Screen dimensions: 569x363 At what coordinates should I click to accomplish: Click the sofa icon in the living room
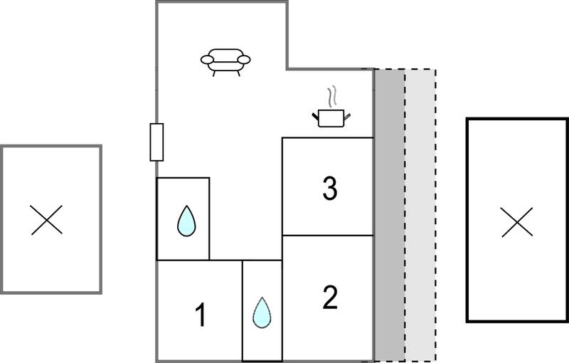click(x=225, y=62)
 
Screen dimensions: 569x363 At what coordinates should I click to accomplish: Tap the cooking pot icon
click(x=331, y=118)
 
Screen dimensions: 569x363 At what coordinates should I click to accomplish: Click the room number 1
click(x=201, y=315)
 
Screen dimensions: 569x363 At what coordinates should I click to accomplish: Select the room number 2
click(x=330, y=298)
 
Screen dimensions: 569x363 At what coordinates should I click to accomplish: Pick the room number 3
click(x=330, y=188)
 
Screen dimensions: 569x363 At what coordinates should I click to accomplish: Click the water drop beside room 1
click(x=262, y=312)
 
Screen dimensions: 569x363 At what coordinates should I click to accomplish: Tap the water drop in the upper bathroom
click(x=186, y=221)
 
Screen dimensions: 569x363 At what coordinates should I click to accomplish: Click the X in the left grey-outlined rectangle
click(x=46, y=220)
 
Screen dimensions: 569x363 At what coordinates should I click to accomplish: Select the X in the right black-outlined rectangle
click(x=517, y=222)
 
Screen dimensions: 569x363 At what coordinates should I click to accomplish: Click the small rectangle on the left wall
click(x=156, y=142)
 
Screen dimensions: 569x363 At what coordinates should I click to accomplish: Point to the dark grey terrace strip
click(x=389, y=215)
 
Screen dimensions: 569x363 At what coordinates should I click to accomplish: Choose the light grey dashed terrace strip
click(x=420, y=215)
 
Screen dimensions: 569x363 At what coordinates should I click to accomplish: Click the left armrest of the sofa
click(x=207, y=60)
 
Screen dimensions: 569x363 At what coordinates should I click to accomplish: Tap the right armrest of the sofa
click(x=244, y=60)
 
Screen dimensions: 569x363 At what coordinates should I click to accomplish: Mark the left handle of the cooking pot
click(x=315, y=117)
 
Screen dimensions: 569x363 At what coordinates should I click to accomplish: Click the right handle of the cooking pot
click(x=347, y=117)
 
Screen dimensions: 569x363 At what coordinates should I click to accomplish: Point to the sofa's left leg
click(x=214, y=73)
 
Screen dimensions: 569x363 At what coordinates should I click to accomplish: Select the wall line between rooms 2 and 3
click(x=328, y=235)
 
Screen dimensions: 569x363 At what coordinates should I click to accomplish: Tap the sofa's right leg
click(x=238, y=73)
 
